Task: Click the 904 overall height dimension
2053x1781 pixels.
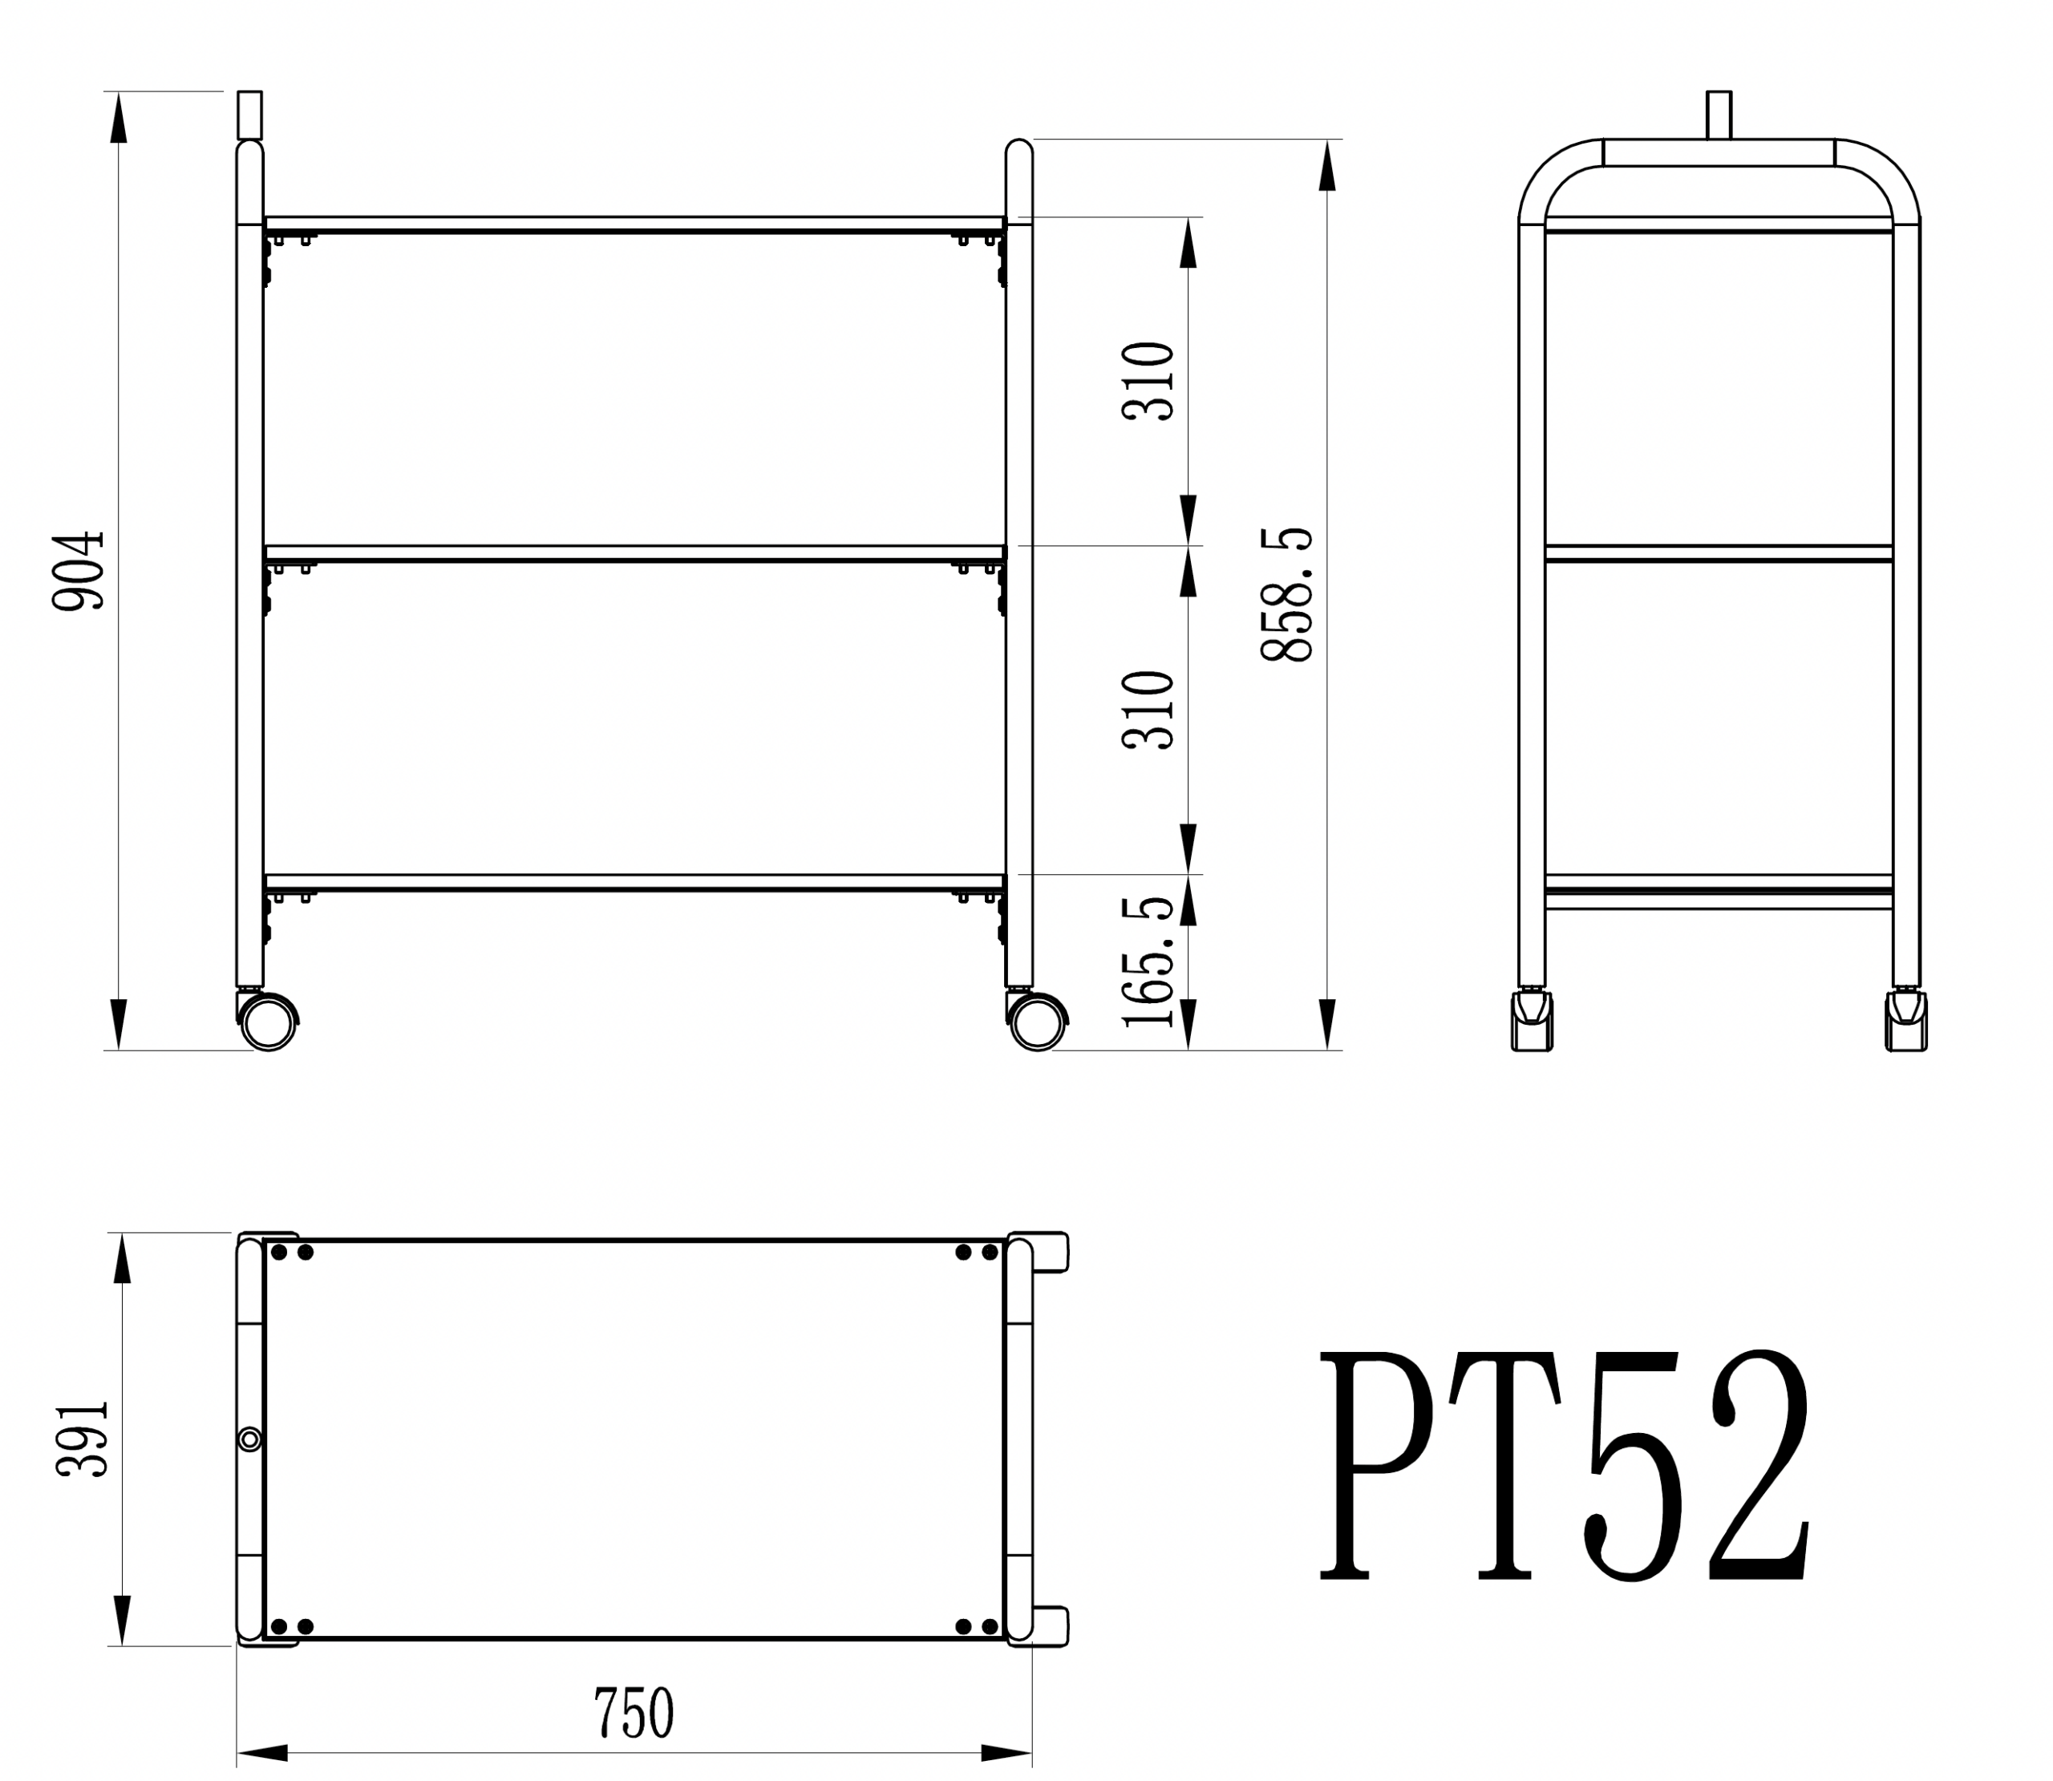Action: (x=79, y=570)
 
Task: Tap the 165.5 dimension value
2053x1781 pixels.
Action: (x=1148, y=962)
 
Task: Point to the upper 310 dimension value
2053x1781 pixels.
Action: (x=1148, y=381)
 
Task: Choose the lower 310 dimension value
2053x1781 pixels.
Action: (x=1148, y=710)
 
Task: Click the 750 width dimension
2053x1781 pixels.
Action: (x=634, y=1711)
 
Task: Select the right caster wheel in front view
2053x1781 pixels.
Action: (x=1039, y=1022)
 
